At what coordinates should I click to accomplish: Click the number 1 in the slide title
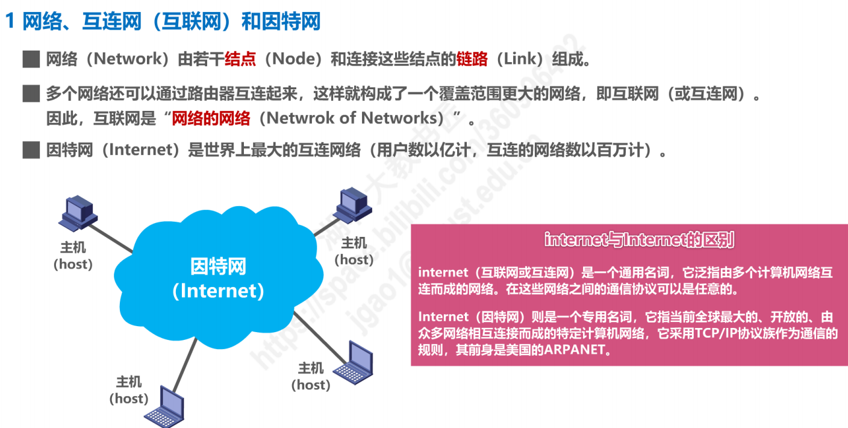10,22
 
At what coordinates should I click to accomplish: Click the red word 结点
240,59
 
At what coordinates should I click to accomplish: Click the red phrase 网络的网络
211,118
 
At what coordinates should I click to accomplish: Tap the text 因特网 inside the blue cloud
218,266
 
